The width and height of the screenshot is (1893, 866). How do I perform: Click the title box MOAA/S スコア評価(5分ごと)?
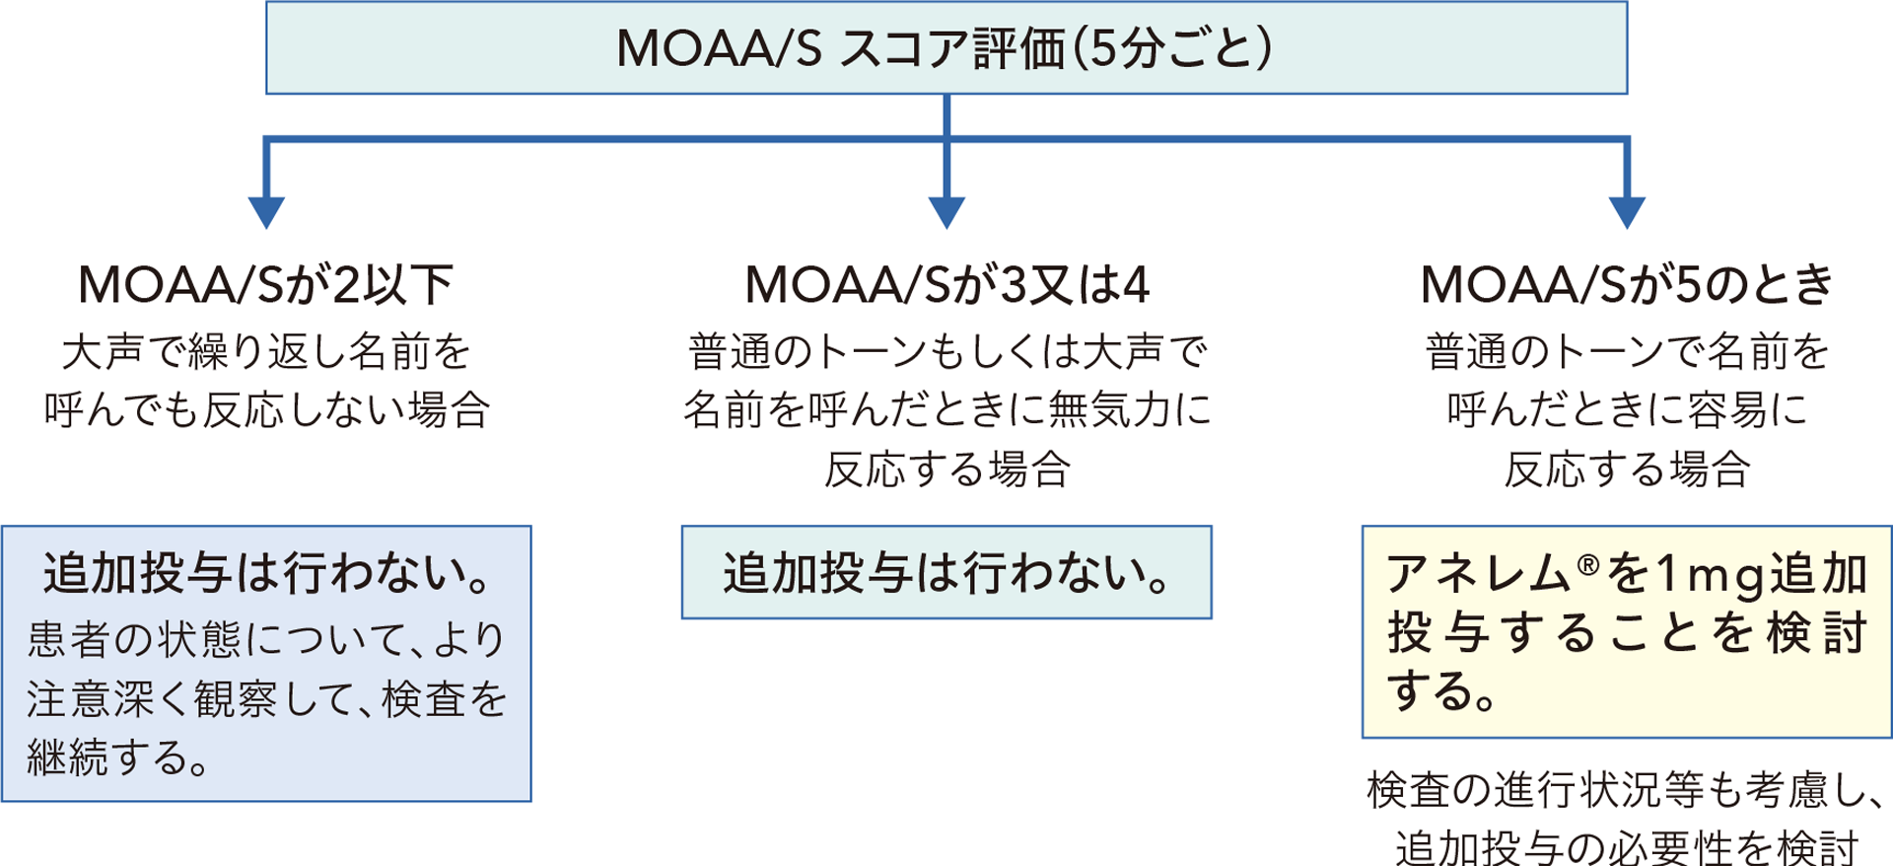point(946,48)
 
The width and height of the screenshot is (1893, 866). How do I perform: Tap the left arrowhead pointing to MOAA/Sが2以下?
point(266,212)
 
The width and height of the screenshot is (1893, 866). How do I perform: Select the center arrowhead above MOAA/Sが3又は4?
point(946,212)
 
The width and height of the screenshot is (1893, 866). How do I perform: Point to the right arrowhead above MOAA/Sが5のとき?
point(1627,212)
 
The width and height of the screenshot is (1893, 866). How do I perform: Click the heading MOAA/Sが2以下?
point(266,285)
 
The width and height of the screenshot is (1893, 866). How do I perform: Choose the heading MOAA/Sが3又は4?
point(947,285)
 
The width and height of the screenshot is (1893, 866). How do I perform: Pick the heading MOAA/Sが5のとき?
point(1627,285)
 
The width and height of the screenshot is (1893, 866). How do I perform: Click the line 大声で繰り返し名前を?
point(266,352)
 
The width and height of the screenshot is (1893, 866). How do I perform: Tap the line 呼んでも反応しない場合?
point(266,410)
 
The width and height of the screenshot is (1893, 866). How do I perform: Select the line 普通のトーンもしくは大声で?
point(947,352)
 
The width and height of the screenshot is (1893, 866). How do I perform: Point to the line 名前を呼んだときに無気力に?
point(947,410)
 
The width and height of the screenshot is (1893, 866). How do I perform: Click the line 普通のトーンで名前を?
point(1627,352)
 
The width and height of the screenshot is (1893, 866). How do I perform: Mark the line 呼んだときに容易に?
point(1627,410)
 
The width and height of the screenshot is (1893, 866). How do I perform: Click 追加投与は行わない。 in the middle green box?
point(946,573)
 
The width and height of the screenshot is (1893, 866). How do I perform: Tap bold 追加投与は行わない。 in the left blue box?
point(266,573)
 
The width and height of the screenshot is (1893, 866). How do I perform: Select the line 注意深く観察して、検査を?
point(266,699)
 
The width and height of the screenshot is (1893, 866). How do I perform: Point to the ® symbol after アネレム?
point(1587,564)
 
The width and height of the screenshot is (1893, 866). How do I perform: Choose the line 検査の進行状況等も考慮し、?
point(1627,790)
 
